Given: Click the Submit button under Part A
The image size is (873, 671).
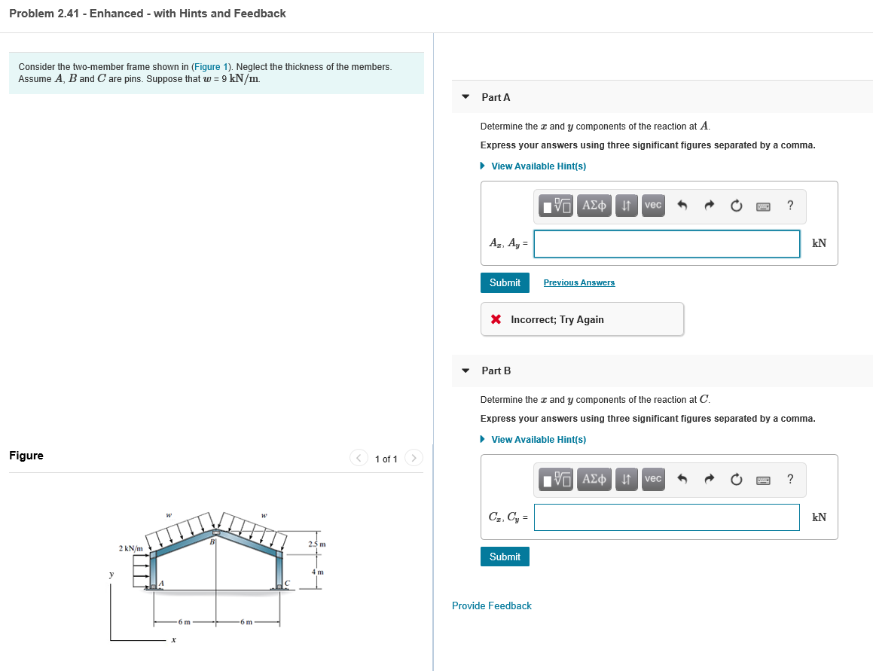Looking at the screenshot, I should (505, 282).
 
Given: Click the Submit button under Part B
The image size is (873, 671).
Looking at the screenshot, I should (505, 557).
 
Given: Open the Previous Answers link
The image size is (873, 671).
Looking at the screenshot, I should (578, 282).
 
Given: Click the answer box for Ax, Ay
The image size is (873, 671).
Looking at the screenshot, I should (667, 243).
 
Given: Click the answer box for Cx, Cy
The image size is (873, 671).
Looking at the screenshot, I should (667, 517).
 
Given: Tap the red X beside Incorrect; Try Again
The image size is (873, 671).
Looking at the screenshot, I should (496, 319).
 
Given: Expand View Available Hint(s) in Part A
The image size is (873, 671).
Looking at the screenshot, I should (538, 166).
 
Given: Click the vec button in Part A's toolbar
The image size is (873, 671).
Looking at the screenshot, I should (653, 205).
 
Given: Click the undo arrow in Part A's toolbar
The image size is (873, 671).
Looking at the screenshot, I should (682, 205).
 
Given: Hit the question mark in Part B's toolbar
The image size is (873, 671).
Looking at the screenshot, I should (789, 479).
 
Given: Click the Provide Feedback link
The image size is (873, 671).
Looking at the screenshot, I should (491, 605).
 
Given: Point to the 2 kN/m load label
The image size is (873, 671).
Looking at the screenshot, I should (131, 547).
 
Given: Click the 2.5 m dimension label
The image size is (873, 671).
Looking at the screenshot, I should (317, 544).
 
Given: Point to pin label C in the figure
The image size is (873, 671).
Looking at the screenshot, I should (287, 582).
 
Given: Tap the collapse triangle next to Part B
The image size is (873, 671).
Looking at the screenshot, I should (465, 371).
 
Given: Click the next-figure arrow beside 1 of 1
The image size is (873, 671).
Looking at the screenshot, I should (414, 458).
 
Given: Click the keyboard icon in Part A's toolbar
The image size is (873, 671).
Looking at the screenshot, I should (764, 205).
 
